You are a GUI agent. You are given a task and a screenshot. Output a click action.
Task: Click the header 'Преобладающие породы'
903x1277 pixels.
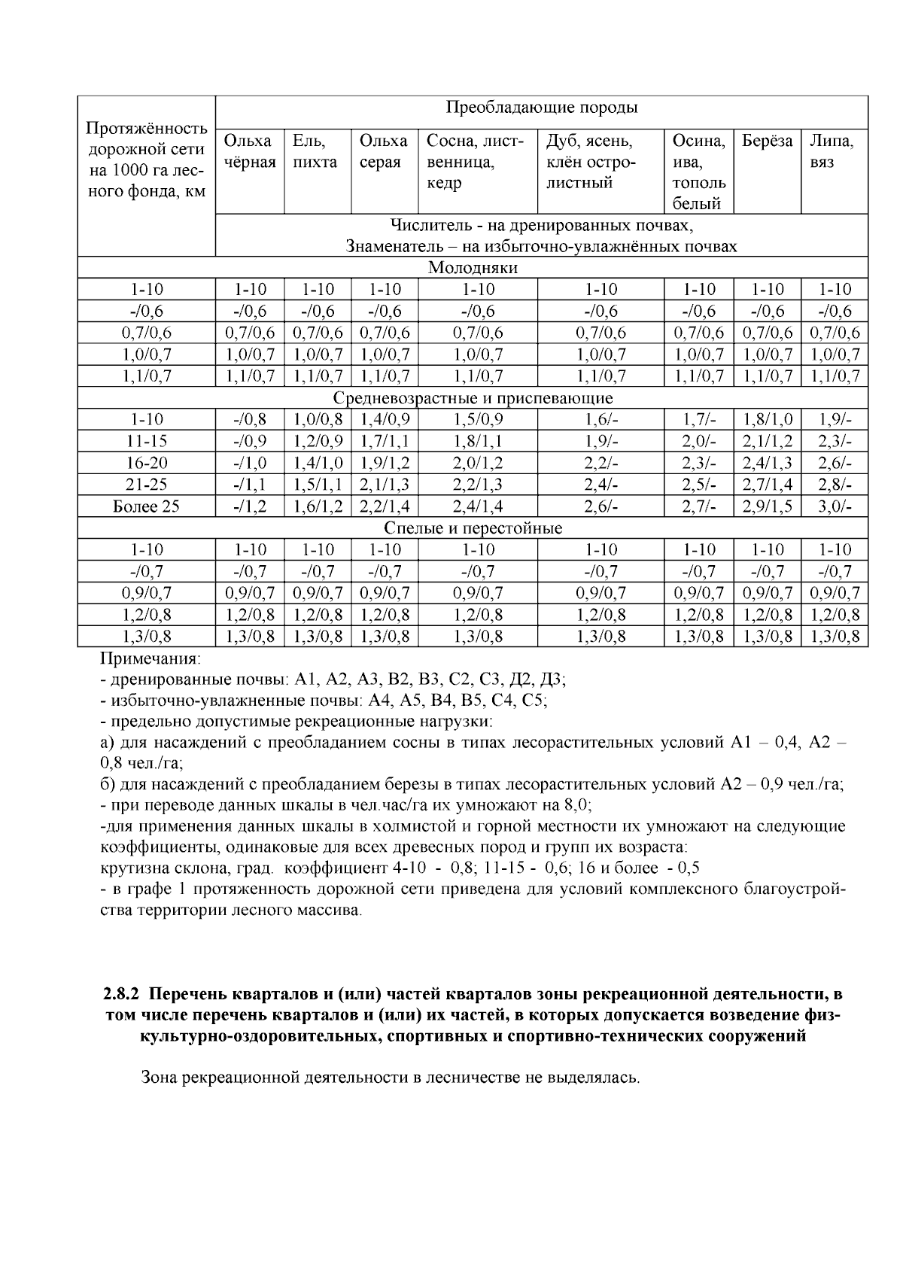(x=542, y=108)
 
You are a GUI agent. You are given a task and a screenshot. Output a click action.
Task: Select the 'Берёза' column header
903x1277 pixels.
(x=767, y=141)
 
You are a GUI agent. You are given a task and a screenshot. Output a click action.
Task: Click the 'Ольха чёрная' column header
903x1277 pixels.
(x=249, y=151)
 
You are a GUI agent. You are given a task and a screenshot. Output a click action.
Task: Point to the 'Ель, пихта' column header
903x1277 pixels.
(x=315, y=151)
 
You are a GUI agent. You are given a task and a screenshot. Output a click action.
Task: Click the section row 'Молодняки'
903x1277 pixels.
(x=473, y=268)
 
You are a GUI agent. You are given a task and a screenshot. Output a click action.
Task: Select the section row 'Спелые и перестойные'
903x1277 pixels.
(x=473, y=528)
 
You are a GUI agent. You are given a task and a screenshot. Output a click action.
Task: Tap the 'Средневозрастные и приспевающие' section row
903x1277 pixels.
(x=473, y=398)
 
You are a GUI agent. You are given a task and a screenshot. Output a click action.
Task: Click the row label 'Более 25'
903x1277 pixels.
(x=146, y=506)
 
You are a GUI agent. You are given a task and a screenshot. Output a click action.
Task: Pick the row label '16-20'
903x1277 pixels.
(x=146, y=463)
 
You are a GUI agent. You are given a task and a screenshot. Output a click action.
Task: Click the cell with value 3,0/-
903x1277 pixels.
(x=835, y=506)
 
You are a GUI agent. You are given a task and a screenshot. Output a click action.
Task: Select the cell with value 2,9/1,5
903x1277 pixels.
(x=768, y=506)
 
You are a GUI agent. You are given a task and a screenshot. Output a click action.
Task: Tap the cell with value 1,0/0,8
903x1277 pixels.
(x=318, y=420)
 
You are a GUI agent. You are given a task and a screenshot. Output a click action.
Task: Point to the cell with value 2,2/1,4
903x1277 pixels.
(x=385, y=506)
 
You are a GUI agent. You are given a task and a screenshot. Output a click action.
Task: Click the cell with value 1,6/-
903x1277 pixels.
(x=600, y=420)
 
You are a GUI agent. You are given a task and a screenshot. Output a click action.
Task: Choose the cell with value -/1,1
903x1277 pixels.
(x=250, y=485)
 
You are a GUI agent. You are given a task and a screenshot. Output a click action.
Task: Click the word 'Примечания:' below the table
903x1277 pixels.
(x=150, y=659)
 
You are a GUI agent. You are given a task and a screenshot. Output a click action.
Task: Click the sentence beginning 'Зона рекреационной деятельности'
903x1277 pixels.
(x=391, y=1078)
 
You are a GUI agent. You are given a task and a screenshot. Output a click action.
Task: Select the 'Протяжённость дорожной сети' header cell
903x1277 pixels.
(x=147, y=160)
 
